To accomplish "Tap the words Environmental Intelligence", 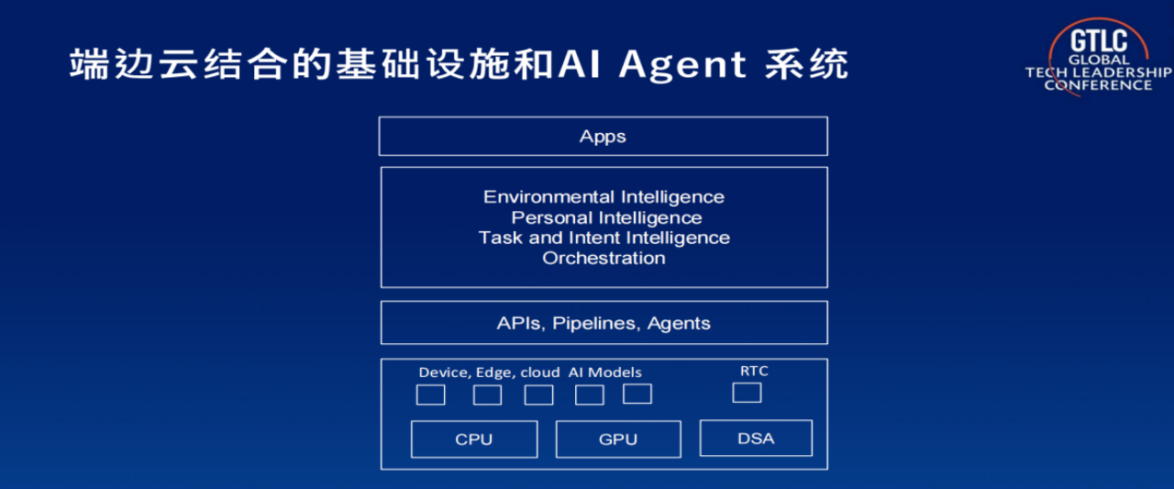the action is [x=604, y=197].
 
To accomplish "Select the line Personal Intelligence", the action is [x=606, y=217].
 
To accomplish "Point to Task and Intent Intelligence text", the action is [x=604, y=238].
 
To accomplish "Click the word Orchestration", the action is [x=604, y=258].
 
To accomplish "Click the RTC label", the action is [x=754, y=371].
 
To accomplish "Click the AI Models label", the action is [x=604, y=372].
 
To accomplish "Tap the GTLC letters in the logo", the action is [x=1099, y=41].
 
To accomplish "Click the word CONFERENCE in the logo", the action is [x=1099, y=85].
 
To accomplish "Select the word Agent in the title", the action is [x=682, y=65].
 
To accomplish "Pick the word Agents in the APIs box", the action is [x=679, y=324].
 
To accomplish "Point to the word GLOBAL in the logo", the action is [x=1099, y=60].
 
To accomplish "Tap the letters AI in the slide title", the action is [x=579, y=64].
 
